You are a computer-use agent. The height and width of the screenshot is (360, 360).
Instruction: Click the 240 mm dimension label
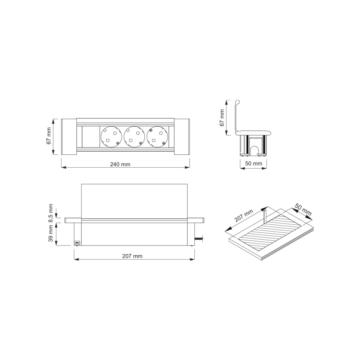[x=120, y=164]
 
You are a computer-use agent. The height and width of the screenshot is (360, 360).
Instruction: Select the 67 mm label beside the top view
[x=49, y=136]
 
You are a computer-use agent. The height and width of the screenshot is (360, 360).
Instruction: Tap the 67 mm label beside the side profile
[x=222, y=117]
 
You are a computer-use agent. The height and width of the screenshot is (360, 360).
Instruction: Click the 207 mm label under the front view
[x=132, y=256]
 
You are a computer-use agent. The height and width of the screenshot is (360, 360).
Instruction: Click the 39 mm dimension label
[x=51, y=234]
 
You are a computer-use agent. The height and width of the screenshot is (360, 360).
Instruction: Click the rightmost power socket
[x=156, y=136]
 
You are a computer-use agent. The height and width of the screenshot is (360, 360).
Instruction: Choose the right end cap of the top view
[x=182, y=136]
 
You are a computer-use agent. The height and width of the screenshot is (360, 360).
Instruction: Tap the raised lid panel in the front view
[x=134, y=200]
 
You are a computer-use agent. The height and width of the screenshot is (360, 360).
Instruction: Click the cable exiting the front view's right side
[x=199, y=240]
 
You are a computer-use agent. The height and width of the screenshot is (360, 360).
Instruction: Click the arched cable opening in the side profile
[x=253, y=150]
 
